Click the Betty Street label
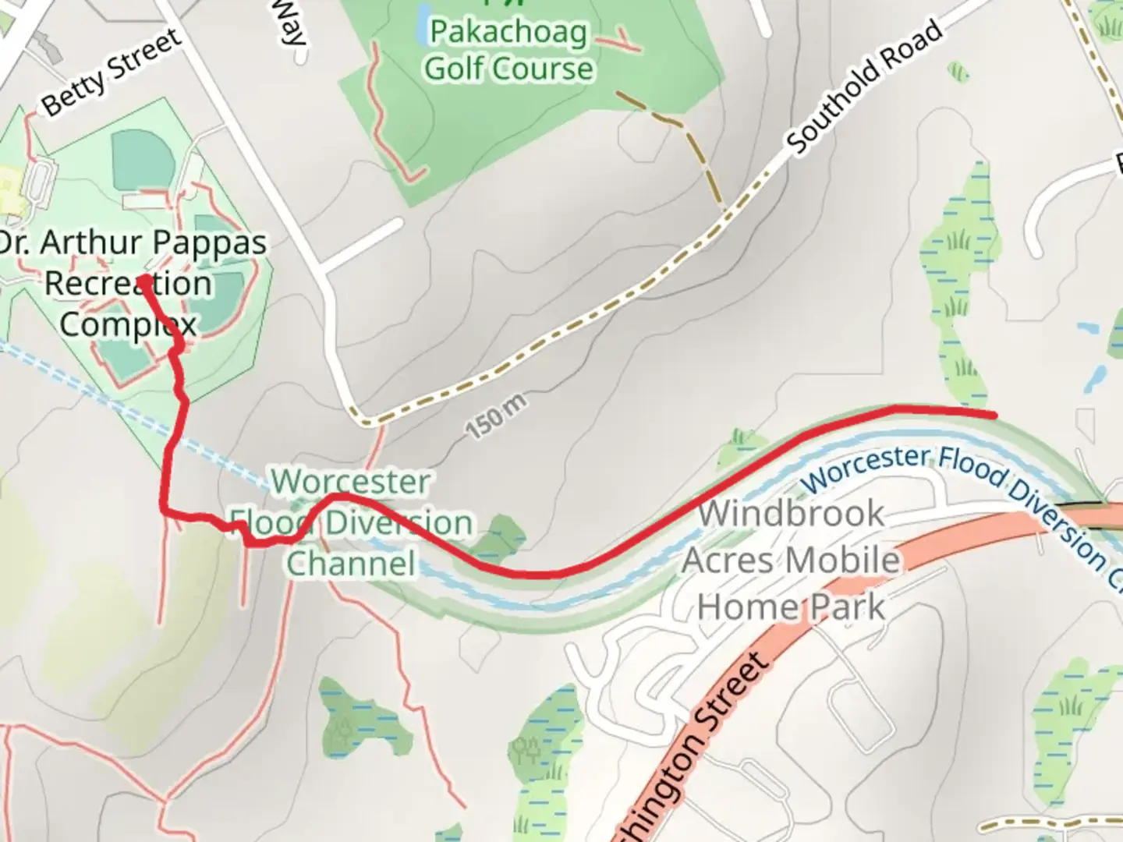[111, 72]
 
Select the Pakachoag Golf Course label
[508, 51]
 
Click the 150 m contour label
[496, 416]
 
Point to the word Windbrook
[791, 514]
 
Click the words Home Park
[791, 607]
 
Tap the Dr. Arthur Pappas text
[133, 242]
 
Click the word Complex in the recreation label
[128, 324]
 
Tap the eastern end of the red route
[994, 415]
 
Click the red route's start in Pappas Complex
[144, 279]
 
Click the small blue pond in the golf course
[422, 23]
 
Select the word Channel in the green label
[351, 563]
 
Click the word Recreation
[128, 283]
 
